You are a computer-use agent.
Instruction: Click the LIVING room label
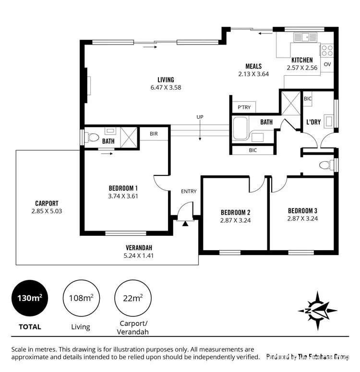pyautogui.click(x=166, y=80)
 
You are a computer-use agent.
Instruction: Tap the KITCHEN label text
pyautogui.click(x=302, y=60)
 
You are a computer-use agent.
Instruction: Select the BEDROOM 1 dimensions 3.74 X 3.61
pyautogui.click(x=124, y=196)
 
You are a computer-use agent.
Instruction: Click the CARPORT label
pyautogui.click(x=47, y=203)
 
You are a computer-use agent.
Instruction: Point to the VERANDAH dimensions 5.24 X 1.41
pyautogui.click(x=139, y=256)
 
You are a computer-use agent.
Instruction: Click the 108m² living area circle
pyautogui.click(x=81, y=298)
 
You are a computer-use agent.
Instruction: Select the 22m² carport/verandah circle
pyautogui.click(x=132, y=298)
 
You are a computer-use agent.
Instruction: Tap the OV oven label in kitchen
pyautogui.click(x=327, y=64)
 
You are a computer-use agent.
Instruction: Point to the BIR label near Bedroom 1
pyautogui.click(x=154, y=134)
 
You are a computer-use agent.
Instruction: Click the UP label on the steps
pyautogui.click(x=200, y=117)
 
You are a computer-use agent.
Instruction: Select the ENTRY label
pyautogui.click(x=189, y=191)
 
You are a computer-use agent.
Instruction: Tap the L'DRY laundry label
pyautogui.click(x=313, y=122)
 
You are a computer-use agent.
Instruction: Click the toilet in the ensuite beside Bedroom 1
pyautogui.click(x=92, y=138)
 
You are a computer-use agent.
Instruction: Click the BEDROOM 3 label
pyautogui.click(x=302, y=210)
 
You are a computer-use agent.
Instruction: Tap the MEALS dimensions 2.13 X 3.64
pyautogui.click(x=253, y=74)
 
